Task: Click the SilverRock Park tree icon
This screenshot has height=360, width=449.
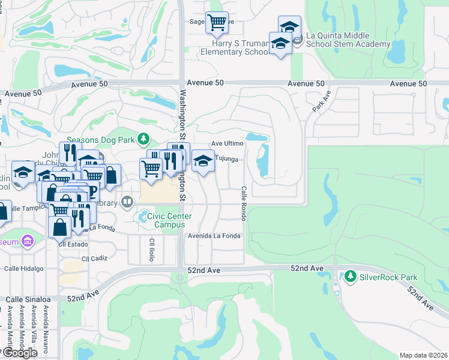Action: coord(351,277)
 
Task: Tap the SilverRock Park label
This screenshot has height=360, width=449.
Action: coord(388,277)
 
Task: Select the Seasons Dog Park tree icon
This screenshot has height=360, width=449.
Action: coord(143,140)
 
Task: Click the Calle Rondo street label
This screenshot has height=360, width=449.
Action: coord(244,203)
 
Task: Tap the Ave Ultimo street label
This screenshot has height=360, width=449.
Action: coord(228,144)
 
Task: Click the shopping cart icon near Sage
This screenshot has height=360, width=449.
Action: coord(217,23)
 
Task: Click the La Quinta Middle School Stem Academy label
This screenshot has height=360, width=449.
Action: coord(348,40)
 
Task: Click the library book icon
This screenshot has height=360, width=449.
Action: coord(127,202)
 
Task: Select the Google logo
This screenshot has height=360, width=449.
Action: coord(20,353)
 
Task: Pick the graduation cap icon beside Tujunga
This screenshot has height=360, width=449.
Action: coord(203,161)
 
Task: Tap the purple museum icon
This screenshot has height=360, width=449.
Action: coord(26,241)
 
